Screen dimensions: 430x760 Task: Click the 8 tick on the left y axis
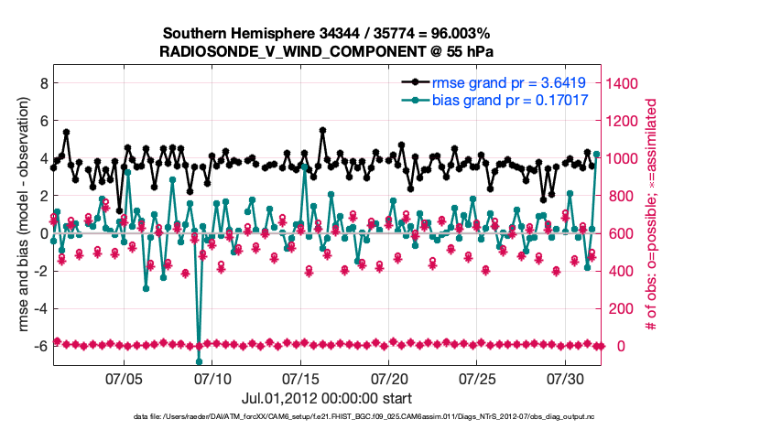click(x=42, y=82)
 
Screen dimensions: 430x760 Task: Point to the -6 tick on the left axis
click(x=39, y=346)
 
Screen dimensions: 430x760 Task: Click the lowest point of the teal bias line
click(x=199, y=362)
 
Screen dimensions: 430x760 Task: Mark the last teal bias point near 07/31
click(x=597, y=155)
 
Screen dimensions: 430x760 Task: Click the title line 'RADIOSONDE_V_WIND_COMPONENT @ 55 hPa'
click(x=328, y=50)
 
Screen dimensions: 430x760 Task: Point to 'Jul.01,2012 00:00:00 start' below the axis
click(x=327, y=399)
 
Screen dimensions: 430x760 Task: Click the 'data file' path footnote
click(x=376, y=417)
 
